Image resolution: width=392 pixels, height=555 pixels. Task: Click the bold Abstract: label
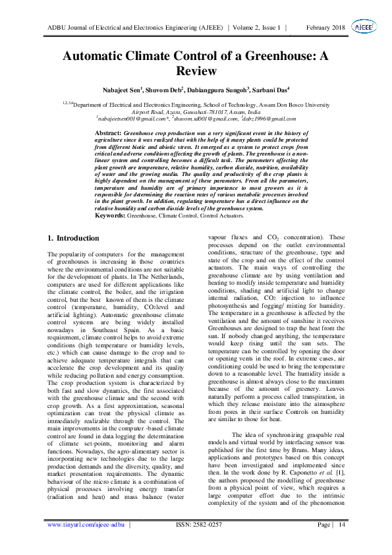(109, 133)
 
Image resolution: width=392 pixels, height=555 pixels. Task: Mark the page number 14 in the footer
(341, 525)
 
